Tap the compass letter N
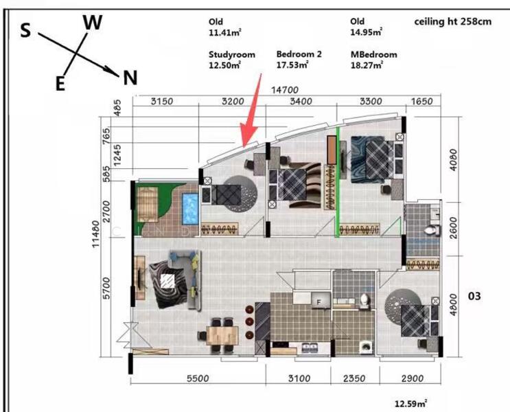tap(130, 78)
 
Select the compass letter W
tap(93, 22)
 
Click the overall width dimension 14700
tap(287, 89)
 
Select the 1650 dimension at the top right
tap(421, 101)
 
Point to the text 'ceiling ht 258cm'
tap(453, 22)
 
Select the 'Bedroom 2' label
tap(299, 54)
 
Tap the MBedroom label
tap(373, 54)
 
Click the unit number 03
tap(474, 297)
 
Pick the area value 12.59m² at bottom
tap(411, 403)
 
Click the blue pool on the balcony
tap(189, 208)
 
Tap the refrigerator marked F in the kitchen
tap(318, 301)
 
